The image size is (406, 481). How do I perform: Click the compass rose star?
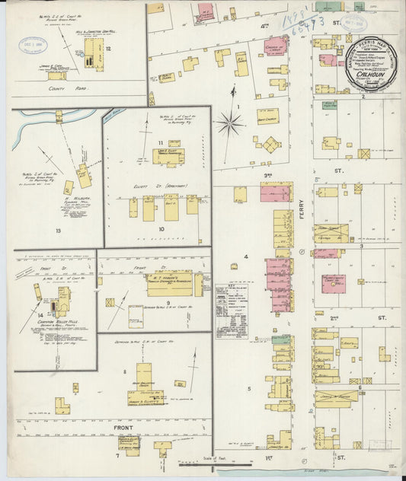pyautogui.click(x=229, y=122)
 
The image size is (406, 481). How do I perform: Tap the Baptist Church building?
pyautogui.click(x=267, y=116)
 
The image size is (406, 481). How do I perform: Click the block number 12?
pyautogui.click(x=109, y=49)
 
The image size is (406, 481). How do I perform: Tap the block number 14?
pyautogui.click(x=38, y=314)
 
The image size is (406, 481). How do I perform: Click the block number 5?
pyautogui.click(x=248, y=387)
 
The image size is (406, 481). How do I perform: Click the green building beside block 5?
pyautogui.click(x=280, y=339)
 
